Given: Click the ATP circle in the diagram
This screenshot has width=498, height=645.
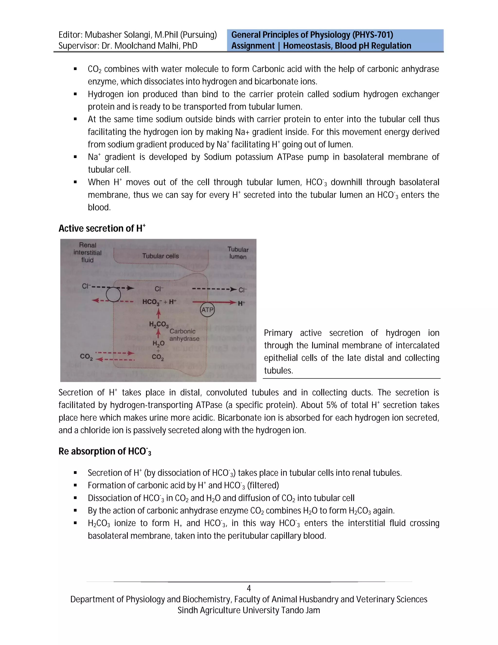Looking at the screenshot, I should tap(207, 310).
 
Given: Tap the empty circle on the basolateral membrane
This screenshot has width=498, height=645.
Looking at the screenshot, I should tap(113, 295).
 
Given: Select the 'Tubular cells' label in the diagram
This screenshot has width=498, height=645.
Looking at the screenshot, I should tap(160, 256).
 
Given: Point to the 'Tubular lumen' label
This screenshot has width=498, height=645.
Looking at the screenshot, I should tap(238, 253).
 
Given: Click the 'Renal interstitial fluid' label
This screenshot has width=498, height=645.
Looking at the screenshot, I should tap(87, 252).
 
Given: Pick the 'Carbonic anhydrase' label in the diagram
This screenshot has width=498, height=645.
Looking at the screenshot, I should tap(184, 335).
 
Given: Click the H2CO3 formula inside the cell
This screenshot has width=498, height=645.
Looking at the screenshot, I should tap(159, 324).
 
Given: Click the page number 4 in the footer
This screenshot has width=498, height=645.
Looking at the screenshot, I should tap(249, 588).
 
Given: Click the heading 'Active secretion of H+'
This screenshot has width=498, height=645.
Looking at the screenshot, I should tap(102, 228).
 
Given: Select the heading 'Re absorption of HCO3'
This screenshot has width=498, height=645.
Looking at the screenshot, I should tap(105, 451).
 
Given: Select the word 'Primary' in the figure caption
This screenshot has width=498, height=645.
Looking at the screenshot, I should tap(278, 333).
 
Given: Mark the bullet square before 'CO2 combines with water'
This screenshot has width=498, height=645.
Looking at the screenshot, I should tap(75, 69).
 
